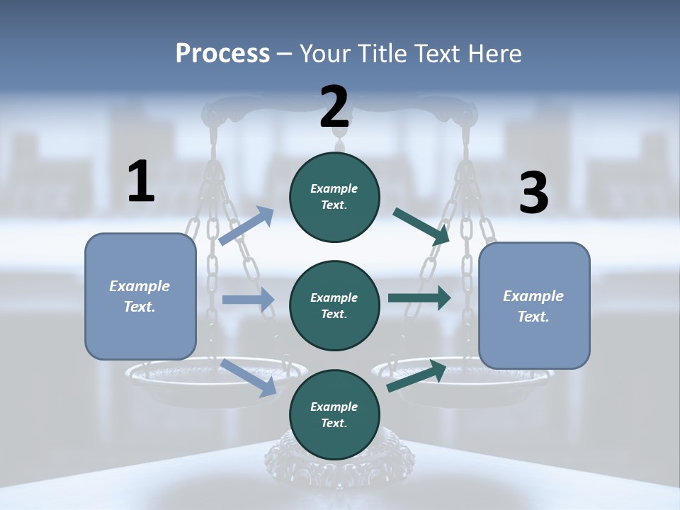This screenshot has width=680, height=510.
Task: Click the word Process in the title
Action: tap(222, 53)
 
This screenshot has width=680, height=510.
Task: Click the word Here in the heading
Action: tap(494, 53)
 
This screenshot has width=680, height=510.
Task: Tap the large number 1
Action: tap(141, 182)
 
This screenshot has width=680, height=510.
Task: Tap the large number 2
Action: tap(334, 107)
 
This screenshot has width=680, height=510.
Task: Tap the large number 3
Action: tap(533, 193)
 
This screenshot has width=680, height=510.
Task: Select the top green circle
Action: tap(334, 197)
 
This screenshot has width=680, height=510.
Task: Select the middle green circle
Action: tap(334, 305)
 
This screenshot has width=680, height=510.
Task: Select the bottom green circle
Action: tap(334, 414)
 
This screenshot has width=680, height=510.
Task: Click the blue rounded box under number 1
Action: tap(140, 297)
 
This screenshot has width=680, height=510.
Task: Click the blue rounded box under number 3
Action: tap(534, 306)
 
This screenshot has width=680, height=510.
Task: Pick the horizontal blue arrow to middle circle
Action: tap(248, 300)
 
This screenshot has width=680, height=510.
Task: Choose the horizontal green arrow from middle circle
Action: tap(419, 298)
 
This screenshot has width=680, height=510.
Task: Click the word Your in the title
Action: tap(325, 53)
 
